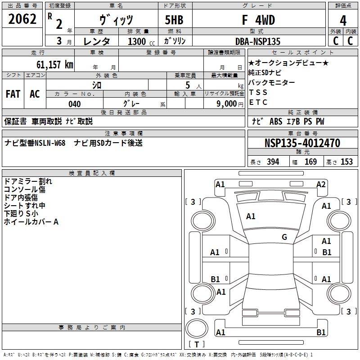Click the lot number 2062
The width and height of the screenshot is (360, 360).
pyautogui.click(x=22, y=19)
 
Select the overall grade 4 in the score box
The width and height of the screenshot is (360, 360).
pyautogui.click(x=343, y=20)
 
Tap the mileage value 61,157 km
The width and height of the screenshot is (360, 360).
pyautogui.click(x=55, y=64)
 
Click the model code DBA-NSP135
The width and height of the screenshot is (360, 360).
pyautogui.click(x=258, y=41)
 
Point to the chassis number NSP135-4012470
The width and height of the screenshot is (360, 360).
pyautogui.click(x=302, y=143)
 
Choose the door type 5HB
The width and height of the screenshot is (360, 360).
pyautogui.click(x=174, y=20)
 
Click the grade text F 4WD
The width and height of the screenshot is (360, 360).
pyautogui.click(x=258, y=20)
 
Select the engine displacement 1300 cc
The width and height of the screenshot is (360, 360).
pyautogui.click(x=141, y=41)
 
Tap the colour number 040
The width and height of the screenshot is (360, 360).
pyautogui.click(x=75, y=104)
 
